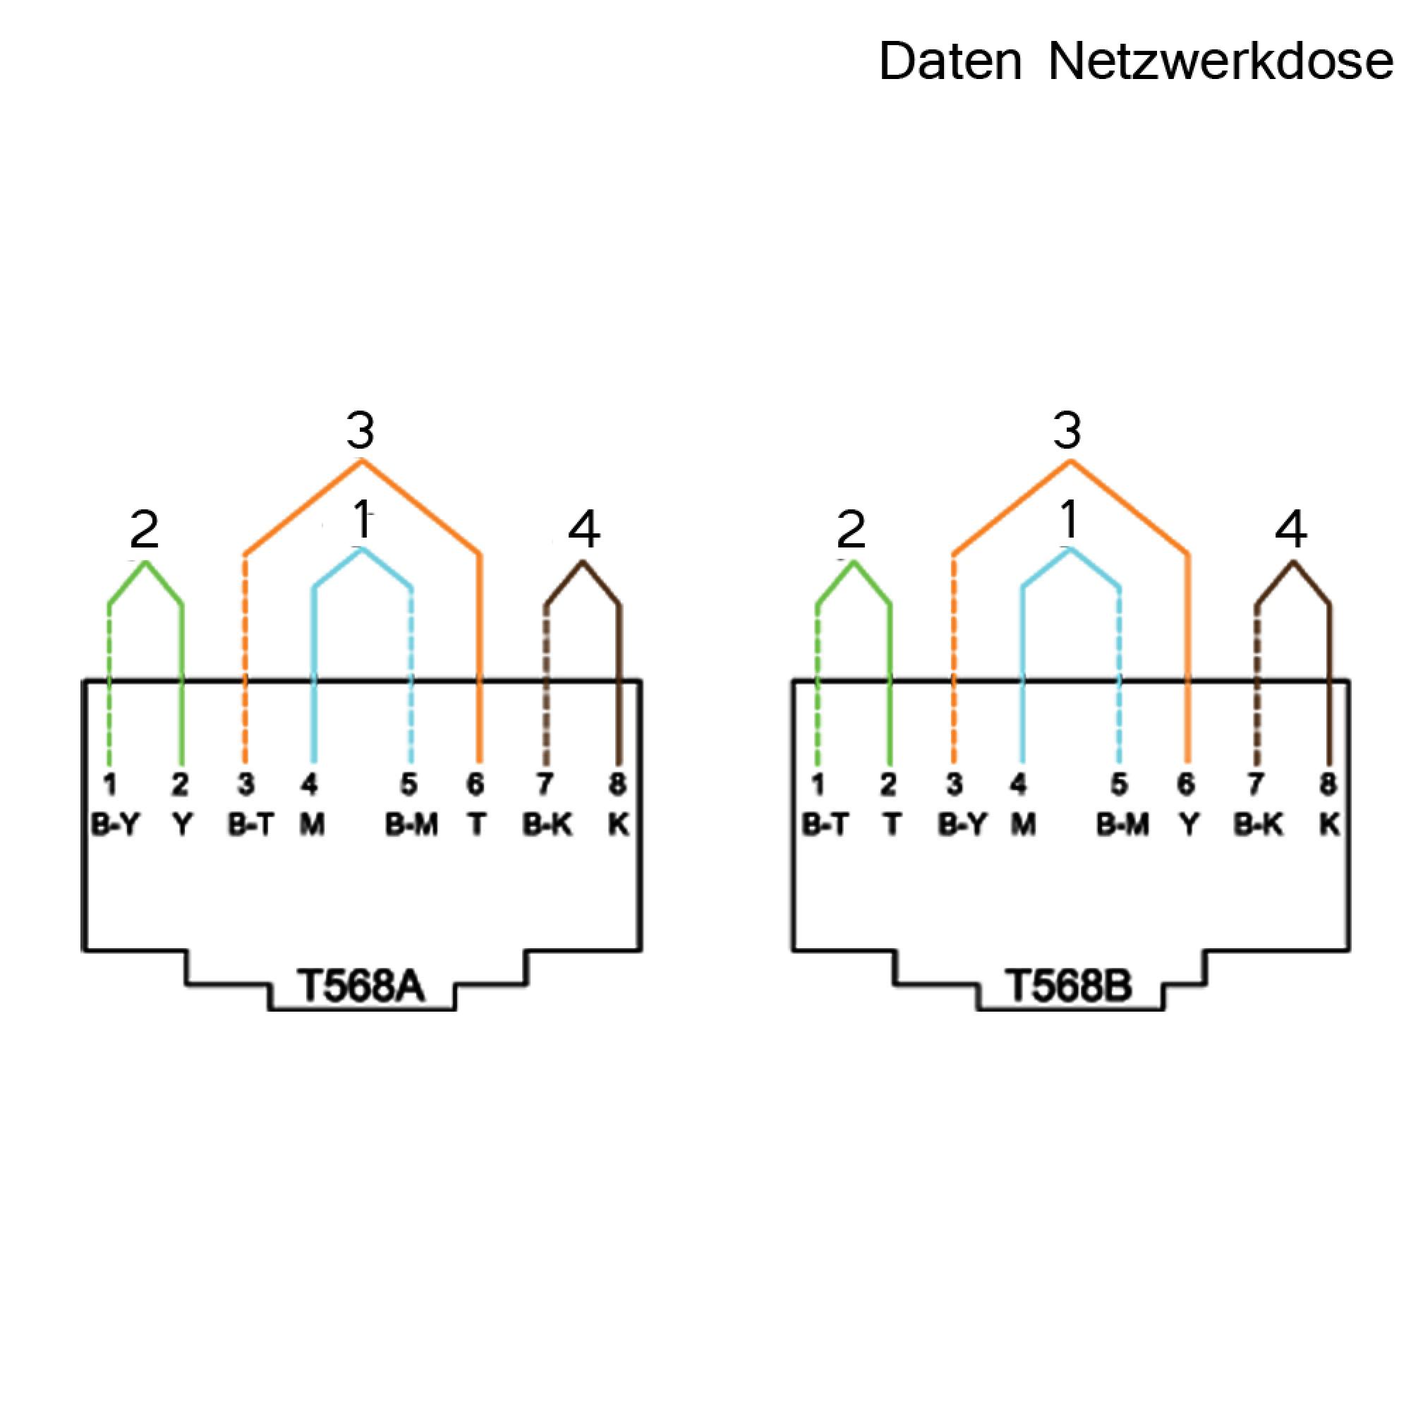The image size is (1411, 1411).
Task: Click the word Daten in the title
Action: [950, 61]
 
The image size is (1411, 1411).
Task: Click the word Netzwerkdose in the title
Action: [1221, 61]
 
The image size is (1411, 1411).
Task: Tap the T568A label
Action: [361, 987]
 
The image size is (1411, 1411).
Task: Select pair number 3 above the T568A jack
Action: [360, 431]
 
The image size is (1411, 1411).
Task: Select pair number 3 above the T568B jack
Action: [1067, 431]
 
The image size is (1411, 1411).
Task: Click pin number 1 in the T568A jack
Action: [109, 785]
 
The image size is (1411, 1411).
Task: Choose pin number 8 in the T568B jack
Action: [1328, 785]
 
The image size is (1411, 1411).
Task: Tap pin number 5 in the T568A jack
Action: [408, 785]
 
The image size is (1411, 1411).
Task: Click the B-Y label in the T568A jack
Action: [115, 825]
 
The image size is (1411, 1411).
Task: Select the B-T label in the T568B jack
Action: [825, 825]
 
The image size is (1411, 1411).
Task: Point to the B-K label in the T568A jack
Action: [547, 825]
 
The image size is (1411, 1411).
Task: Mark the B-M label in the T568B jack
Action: [1123, 825]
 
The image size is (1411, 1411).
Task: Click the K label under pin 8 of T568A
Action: [619, 825]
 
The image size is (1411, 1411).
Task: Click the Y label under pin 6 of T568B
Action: [1189, 825]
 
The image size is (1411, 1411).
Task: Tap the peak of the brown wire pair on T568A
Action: [582, 561]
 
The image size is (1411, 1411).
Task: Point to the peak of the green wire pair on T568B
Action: [854, 561]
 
